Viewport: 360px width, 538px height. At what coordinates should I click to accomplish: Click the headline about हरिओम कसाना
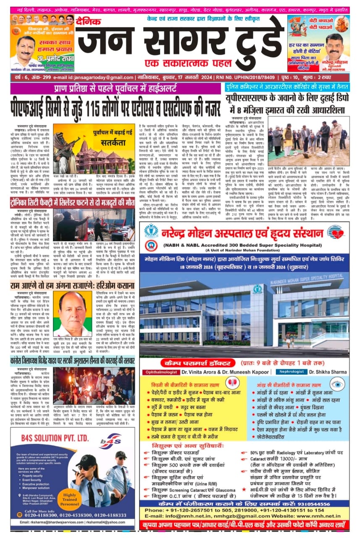coord(72,285)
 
